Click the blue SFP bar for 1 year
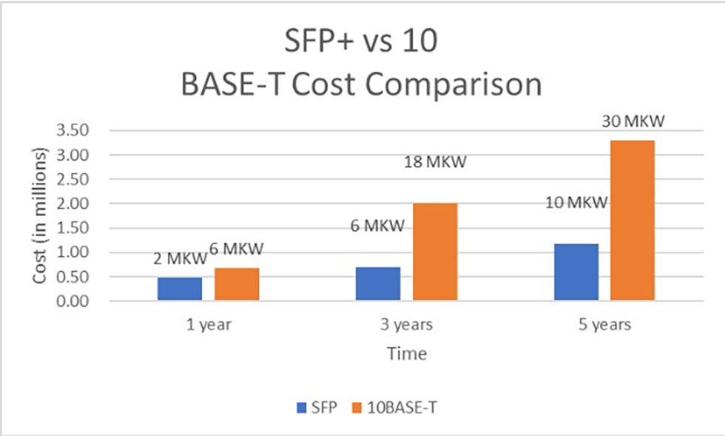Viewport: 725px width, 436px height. click(180, 289)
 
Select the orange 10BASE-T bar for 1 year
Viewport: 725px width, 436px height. click(237, 284)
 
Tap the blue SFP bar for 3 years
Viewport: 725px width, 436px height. click(378, 284)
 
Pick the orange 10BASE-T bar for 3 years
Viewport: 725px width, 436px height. click(435, 252)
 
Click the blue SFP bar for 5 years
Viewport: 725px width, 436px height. click(576, 272)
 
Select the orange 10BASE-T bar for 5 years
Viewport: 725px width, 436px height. click(633, 221)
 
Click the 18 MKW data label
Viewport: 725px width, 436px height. click(435, 162)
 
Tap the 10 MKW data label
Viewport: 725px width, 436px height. click(577, 202)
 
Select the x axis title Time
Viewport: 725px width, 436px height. click(407, 354)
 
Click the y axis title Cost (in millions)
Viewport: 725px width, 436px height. click(41, 215)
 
